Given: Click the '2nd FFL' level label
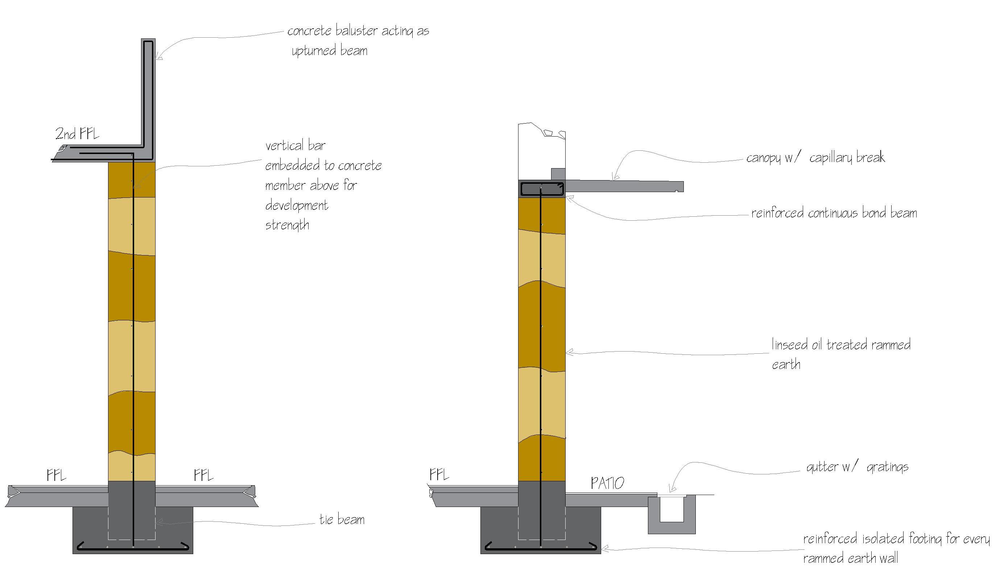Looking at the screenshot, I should click(77, 134).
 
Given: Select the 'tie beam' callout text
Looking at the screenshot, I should click(342, 519).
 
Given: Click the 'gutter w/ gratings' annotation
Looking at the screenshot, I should click(857, 467).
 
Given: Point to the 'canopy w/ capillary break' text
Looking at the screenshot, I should click(815, 158).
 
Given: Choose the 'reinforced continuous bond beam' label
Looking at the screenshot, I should click(834, 213).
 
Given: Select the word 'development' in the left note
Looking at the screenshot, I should click(297, 205).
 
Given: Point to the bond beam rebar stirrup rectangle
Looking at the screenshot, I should click(542, 189).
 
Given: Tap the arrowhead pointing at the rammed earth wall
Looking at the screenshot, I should click(568, 352).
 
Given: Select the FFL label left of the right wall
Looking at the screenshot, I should click(439, 474).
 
